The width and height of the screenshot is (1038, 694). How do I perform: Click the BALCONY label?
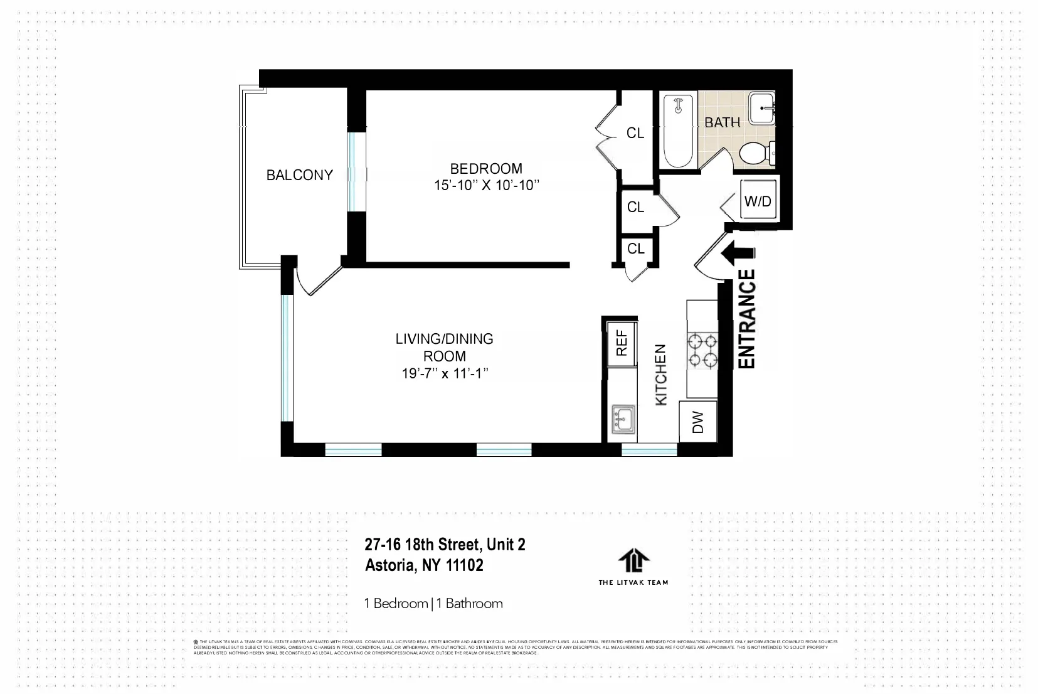299,175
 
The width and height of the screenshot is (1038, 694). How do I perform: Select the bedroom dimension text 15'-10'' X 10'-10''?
487,186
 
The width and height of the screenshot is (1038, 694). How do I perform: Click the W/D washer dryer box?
758,201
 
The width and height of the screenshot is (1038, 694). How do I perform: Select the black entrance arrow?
736,253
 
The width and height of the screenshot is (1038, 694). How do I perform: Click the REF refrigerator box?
622,343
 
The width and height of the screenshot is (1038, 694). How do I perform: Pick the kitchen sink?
623,418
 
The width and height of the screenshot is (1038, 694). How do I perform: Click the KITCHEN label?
661,375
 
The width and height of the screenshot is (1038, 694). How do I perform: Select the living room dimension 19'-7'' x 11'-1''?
445,374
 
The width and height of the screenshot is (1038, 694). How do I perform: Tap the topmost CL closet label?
635,133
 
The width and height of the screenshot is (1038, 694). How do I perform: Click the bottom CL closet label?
635,249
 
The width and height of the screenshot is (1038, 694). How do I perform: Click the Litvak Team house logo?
633,560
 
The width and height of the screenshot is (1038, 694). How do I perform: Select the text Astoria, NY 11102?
424,565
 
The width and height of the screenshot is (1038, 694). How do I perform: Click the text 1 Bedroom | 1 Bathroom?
433,604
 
